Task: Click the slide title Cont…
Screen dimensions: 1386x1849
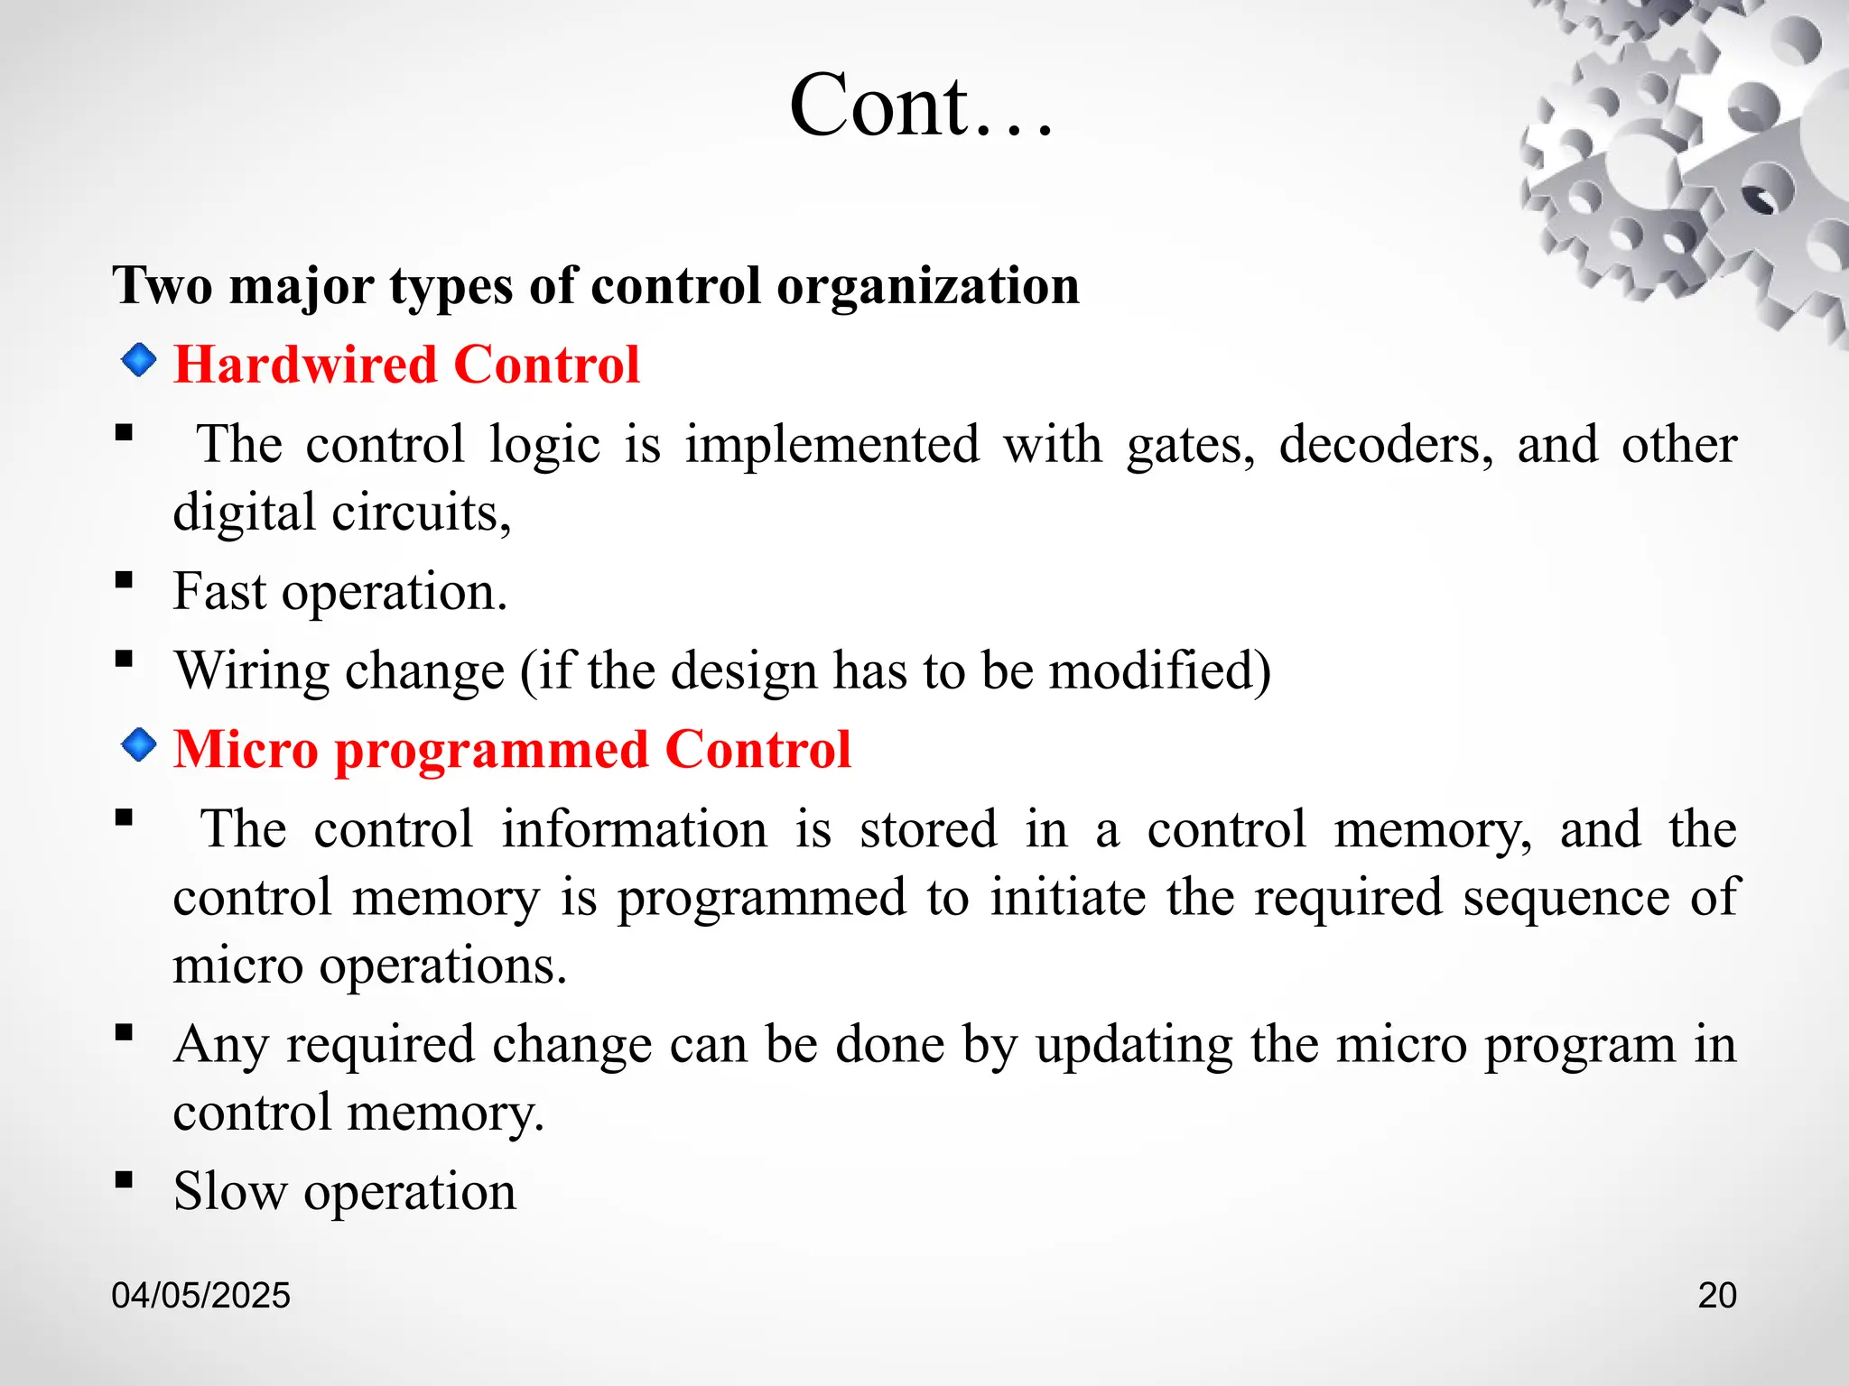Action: (x=921, y=106)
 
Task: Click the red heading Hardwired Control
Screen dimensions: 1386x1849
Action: (x=406, y=365)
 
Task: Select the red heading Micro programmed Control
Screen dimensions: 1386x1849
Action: (x=512, y=749)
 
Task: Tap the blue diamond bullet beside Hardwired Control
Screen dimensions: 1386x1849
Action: (x=138, y=361)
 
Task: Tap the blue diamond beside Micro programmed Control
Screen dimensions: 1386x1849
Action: (x=138, y=745)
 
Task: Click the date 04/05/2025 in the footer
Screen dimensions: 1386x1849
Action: (x=200, y=1295)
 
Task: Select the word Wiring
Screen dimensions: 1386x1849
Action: (x=249, y=671)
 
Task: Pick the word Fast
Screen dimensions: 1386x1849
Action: (x=219, y=592)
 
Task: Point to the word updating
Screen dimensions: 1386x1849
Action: (x=1133, y=1045)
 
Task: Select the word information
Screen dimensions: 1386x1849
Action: (x=634, y=829)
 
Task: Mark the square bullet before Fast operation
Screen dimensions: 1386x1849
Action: (x=125, y=579)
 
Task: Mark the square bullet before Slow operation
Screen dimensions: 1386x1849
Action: (x=125, y=1178)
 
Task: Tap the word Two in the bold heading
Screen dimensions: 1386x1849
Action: (x=163, y=287)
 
